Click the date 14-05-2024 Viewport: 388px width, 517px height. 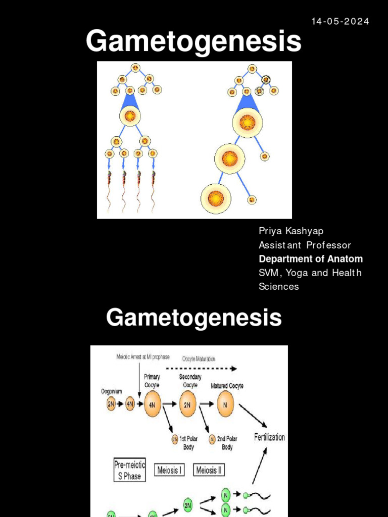(340, 21)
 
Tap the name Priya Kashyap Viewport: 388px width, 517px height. (291, 231)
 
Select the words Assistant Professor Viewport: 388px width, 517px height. (305, 245)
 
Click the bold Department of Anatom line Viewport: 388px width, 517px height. (311, 259)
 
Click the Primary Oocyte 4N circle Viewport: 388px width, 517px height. (153, 404)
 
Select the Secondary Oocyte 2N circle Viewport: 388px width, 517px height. (188, 404)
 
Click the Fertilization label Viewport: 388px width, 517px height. (269, 437)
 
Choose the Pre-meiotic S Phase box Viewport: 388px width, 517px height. (129, 471)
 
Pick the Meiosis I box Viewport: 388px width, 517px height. (169, 470)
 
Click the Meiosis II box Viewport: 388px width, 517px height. (209, 470)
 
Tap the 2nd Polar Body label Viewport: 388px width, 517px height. (227, 443)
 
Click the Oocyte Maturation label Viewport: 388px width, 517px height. (199, 359)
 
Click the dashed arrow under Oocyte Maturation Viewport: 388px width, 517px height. (201, 368)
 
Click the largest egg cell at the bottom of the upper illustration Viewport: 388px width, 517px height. (216, 198)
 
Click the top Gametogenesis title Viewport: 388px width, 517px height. (193, 41)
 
